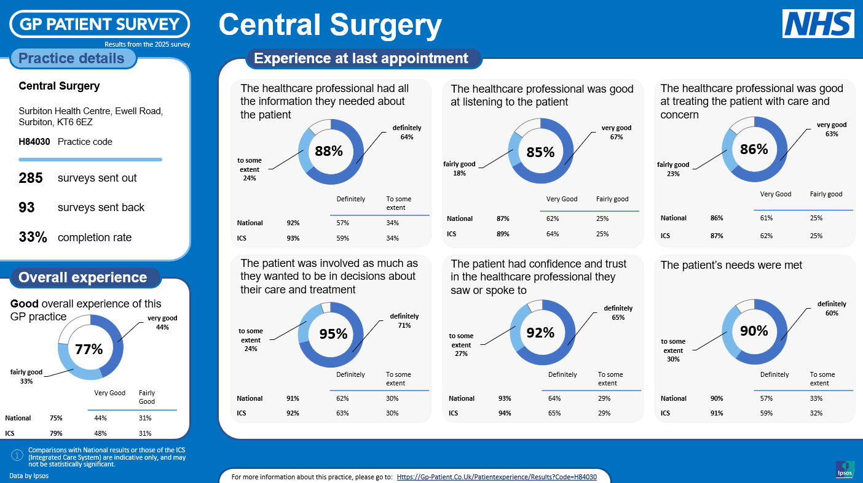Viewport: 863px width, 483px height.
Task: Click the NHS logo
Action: (818, 24)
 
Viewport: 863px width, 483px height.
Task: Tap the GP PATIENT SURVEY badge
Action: (100, 24)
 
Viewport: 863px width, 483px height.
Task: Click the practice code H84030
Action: (34, 142)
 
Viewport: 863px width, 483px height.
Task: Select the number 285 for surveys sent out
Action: (31, 178)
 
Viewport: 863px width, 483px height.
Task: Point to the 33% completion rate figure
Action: (33, 237)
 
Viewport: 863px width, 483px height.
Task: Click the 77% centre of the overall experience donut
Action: (89, 349)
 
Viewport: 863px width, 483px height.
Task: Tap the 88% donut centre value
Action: (329, 151)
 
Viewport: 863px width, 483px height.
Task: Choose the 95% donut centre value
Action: (333, 334)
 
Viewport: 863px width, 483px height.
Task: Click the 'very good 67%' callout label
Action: (617, 133)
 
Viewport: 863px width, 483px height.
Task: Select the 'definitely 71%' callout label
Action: (404, 321)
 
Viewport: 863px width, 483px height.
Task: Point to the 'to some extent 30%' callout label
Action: (673, 350)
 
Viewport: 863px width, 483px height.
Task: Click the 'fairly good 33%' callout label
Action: (26, 376)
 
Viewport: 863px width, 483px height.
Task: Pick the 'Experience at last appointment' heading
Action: (361, 58)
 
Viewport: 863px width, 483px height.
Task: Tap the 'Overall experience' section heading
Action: (83, 277)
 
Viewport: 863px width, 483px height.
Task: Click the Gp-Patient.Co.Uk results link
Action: (497, 477)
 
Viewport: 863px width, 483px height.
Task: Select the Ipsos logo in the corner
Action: (845, 469)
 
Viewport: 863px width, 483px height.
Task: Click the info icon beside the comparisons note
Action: (17, 455)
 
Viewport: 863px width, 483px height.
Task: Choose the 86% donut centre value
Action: (754, 149)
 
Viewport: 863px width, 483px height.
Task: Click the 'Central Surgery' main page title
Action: (330, 25)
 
